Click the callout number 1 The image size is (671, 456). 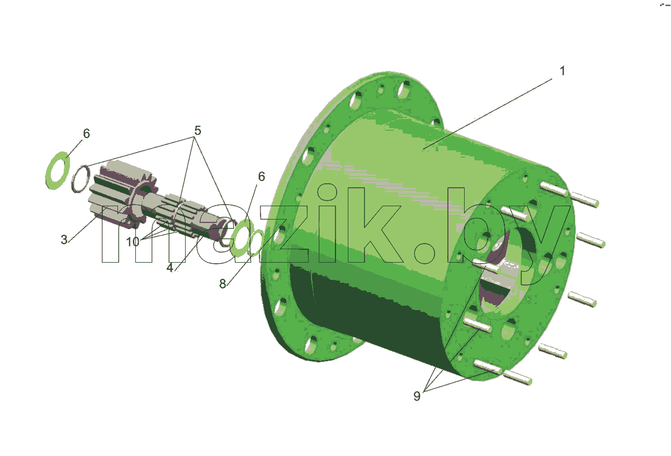[x=562, y=71]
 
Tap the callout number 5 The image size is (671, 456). [x=197, y=131]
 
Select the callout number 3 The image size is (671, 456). [x=64, y=240]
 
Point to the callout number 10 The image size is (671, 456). [x=133, y=241]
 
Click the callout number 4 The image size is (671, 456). [x=170, y=267]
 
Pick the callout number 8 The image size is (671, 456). [x=223, y=283]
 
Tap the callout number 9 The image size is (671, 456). [x=417, y=396]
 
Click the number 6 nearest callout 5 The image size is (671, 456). [x=86, y=134]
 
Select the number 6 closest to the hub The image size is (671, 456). [x=261, y=177]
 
